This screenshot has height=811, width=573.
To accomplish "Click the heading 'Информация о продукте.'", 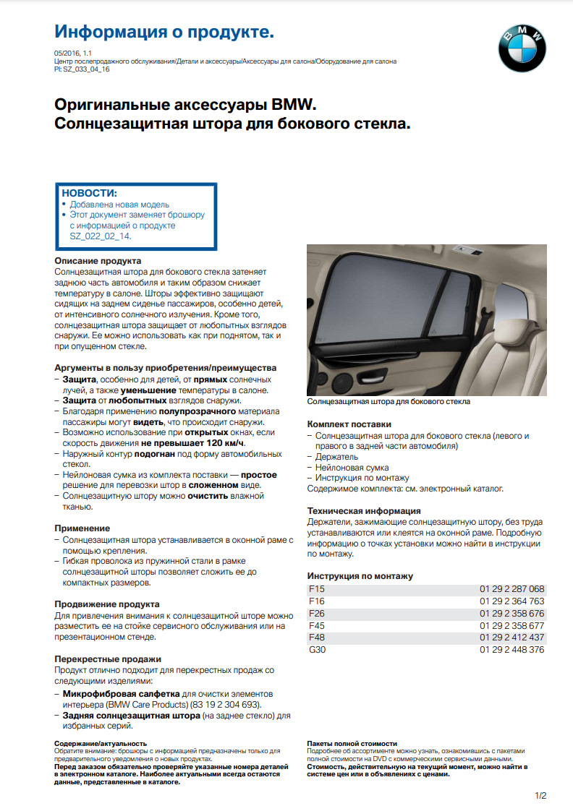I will [x=164, y=32].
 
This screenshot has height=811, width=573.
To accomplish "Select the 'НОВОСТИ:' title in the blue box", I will [x=89, y=193].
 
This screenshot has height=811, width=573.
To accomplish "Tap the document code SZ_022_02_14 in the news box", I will [x=100, y=236].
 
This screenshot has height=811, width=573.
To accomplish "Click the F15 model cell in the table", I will [x=317, y=589].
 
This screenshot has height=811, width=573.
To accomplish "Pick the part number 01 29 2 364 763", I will [x=512, y=601].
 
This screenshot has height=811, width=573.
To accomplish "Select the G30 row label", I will [x=318, y=650].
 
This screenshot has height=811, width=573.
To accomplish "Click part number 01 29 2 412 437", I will [x=512, y=638].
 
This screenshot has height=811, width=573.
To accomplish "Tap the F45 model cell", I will [x=317, y=625].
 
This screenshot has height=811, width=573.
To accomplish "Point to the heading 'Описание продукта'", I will [x=98, y=260].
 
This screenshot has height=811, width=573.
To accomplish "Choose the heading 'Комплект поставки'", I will [x=349, y=424].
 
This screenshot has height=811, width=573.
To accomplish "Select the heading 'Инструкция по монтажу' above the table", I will [x=360, y=576].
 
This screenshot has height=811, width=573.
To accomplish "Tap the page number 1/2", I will [x=540, y=796].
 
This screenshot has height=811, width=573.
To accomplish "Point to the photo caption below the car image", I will [x=389, y=401].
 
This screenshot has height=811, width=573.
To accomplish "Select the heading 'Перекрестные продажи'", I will [x=108, y=659].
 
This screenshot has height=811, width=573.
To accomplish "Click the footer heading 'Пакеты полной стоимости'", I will [x=352, y=743].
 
